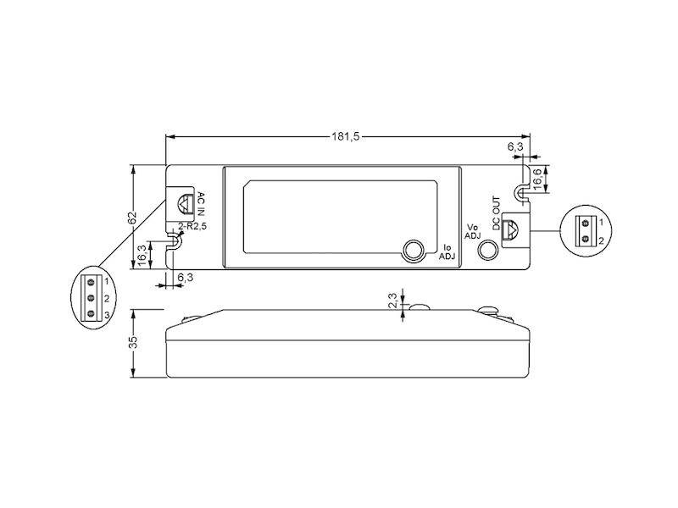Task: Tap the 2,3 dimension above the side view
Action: click(392, 302)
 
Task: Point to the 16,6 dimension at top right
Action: click(538, 178)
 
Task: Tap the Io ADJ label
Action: click(447, 251)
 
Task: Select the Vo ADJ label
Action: click(474, 232)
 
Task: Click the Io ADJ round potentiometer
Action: click(414, 250)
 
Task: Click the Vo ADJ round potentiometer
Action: click(489, 250)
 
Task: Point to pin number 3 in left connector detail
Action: click(107, 314)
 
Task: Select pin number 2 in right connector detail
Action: click(601, 240)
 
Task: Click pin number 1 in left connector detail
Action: click(107, 281)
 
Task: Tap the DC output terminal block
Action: click(512, 229)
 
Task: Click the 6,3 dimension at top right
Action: click(515, 147)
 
